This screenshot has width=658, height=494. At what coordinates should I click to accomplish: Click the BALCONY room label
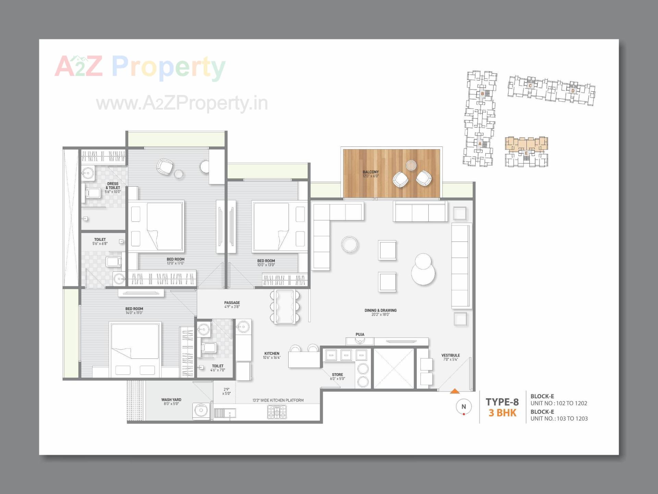(x=370, y=172)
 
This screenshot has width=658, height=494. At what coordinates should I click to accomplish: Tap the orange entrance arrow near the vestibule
(x=454, y=391)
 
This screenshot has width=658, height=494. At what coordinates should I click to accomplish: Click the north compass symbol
(x=464, y=407)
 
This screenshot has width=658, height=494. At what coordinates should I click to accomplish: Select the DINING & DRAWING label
(x=380, y=310)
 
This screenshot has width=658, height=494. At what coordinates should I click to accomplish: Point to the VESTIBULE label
(x=450, y=355)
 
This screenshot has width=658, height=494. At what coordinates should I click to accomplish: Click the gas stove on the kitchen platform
(x=277, y=412)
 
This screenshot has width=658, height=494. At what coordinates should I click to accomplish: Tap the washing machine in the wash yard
(x=200, y=411)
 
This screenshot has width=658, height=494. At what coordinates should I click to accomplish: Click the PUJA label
(x=360, y=334)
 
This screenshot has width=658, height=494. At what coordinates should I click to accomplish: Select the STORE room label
(x=337, y=375)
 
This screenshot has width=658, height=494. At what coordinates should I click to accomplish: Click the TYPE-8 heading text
(x=502, y=402)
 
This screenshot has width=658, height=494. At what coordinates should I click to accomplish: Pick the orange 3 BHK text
(x=502, y=413)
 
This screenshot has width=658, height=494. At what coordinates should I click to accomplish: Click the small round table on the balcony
(x=411, y=165)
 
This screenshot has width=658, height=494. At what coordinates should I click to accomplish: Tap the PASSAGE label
(x=232, y=303)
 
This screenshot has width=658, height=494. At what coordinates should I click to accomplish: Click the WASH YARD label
(x=171, y=400)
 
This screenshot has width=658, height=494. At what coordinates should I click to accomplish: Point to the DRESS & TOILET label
(x=113, y=186)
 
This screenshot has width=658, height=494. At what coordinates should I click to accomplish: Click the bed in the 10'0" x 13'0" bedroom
(x=279, y=226)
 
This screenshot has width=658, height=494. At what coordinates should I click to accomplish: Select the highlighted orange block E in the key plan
(x=526, y=144)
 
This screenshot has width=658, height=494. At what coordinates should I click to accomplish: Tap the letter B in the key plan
(x=482, y=94)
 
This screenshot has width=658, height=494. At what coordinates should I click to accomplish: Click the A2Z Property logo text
(x=140, y=67)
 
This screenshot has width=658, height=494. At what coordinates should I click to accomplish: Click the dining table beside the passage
(x=285, y=306)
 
